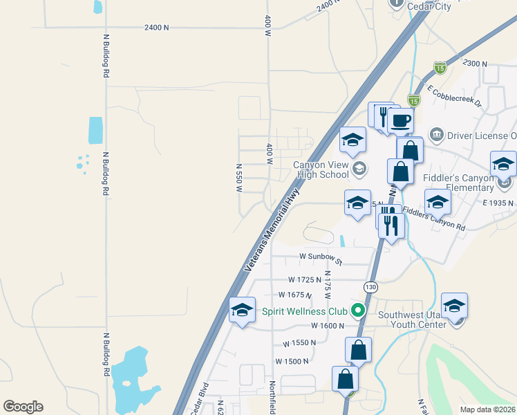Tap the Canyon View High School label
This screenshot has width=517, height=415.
click(321, 169)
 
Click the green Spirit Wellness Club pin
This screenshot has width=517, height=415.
click(357, 311)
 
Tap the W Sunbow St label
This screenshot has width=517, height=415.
click(321, 257)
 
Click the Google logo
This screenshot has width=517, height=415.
click(23, 407)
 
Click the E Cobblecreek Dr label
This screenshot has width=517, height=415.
click(456, 96)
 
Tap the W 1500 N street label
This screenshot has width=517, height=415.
click(291, 361)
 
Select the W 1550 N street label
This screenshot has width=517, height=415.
click(299, 343)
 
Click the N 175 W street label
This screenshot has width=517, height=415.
click(328, 283)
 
